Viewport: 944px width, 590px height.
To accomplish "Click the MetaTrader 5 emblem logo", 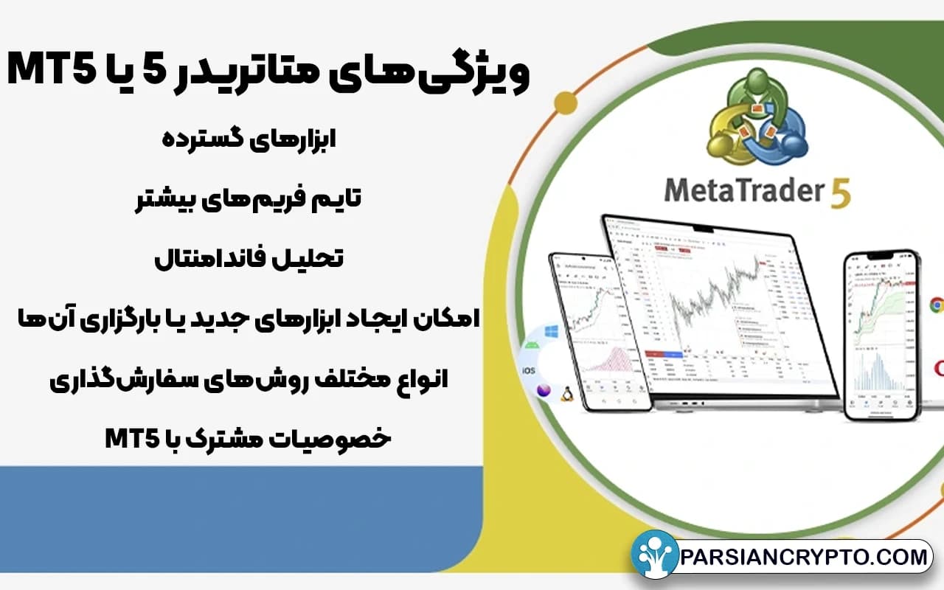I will tap(755, 117).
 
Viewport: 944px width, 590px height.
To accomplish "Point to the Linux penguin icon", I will tap(566, 395).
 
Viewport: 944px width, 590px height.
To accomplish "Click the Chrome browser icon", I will tap(937, 305).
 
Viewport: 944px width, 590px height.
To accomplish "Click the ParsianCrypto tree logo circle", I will tap(654, 554).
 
